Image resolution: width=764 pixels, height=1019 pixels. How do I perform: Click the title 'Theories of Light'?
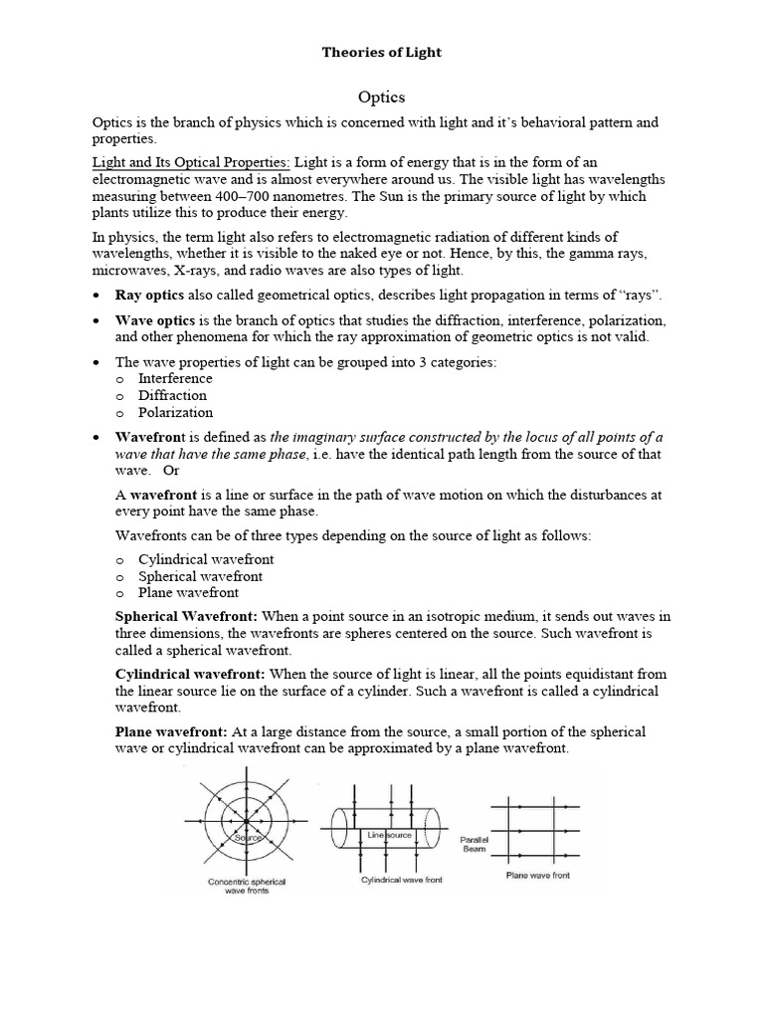[x=381, y=52]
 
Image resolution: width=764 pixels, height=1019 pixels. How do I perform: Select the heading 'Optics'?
[x=381, y=98]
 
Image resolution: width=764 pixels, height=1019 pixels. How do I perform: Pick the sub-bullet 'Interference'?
[x=175, y=378]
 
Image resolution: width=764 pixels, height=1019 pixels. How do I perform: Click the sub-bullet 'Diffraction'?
[x=172, y=395]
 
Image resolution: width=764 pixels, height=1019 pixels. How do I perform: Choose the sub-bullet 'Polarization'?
[x=176, y=412]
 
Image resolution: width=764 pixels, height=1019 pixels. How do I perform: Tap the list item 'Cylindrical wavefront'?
[x=206, y=559]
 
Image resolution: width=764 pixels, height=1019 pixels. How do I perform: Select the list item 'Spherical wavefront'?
[x=200, y=576]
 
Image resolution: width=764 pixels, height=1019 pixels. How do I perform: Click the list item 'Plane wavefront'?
[x=189, y=592]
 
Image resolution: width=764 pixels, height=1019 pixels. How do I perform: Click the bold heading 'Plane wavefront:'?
[x=172, y=731]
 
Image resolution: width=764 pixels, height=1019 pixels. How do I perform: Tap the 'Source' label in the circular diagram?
[x=248, y=839]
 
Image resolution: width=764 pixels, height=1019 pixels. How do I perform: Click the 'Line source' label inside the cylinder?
[x=383, y=833]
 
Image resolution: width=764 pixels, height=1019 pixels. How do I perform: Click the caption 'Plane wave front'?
[x=539, y=876]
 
